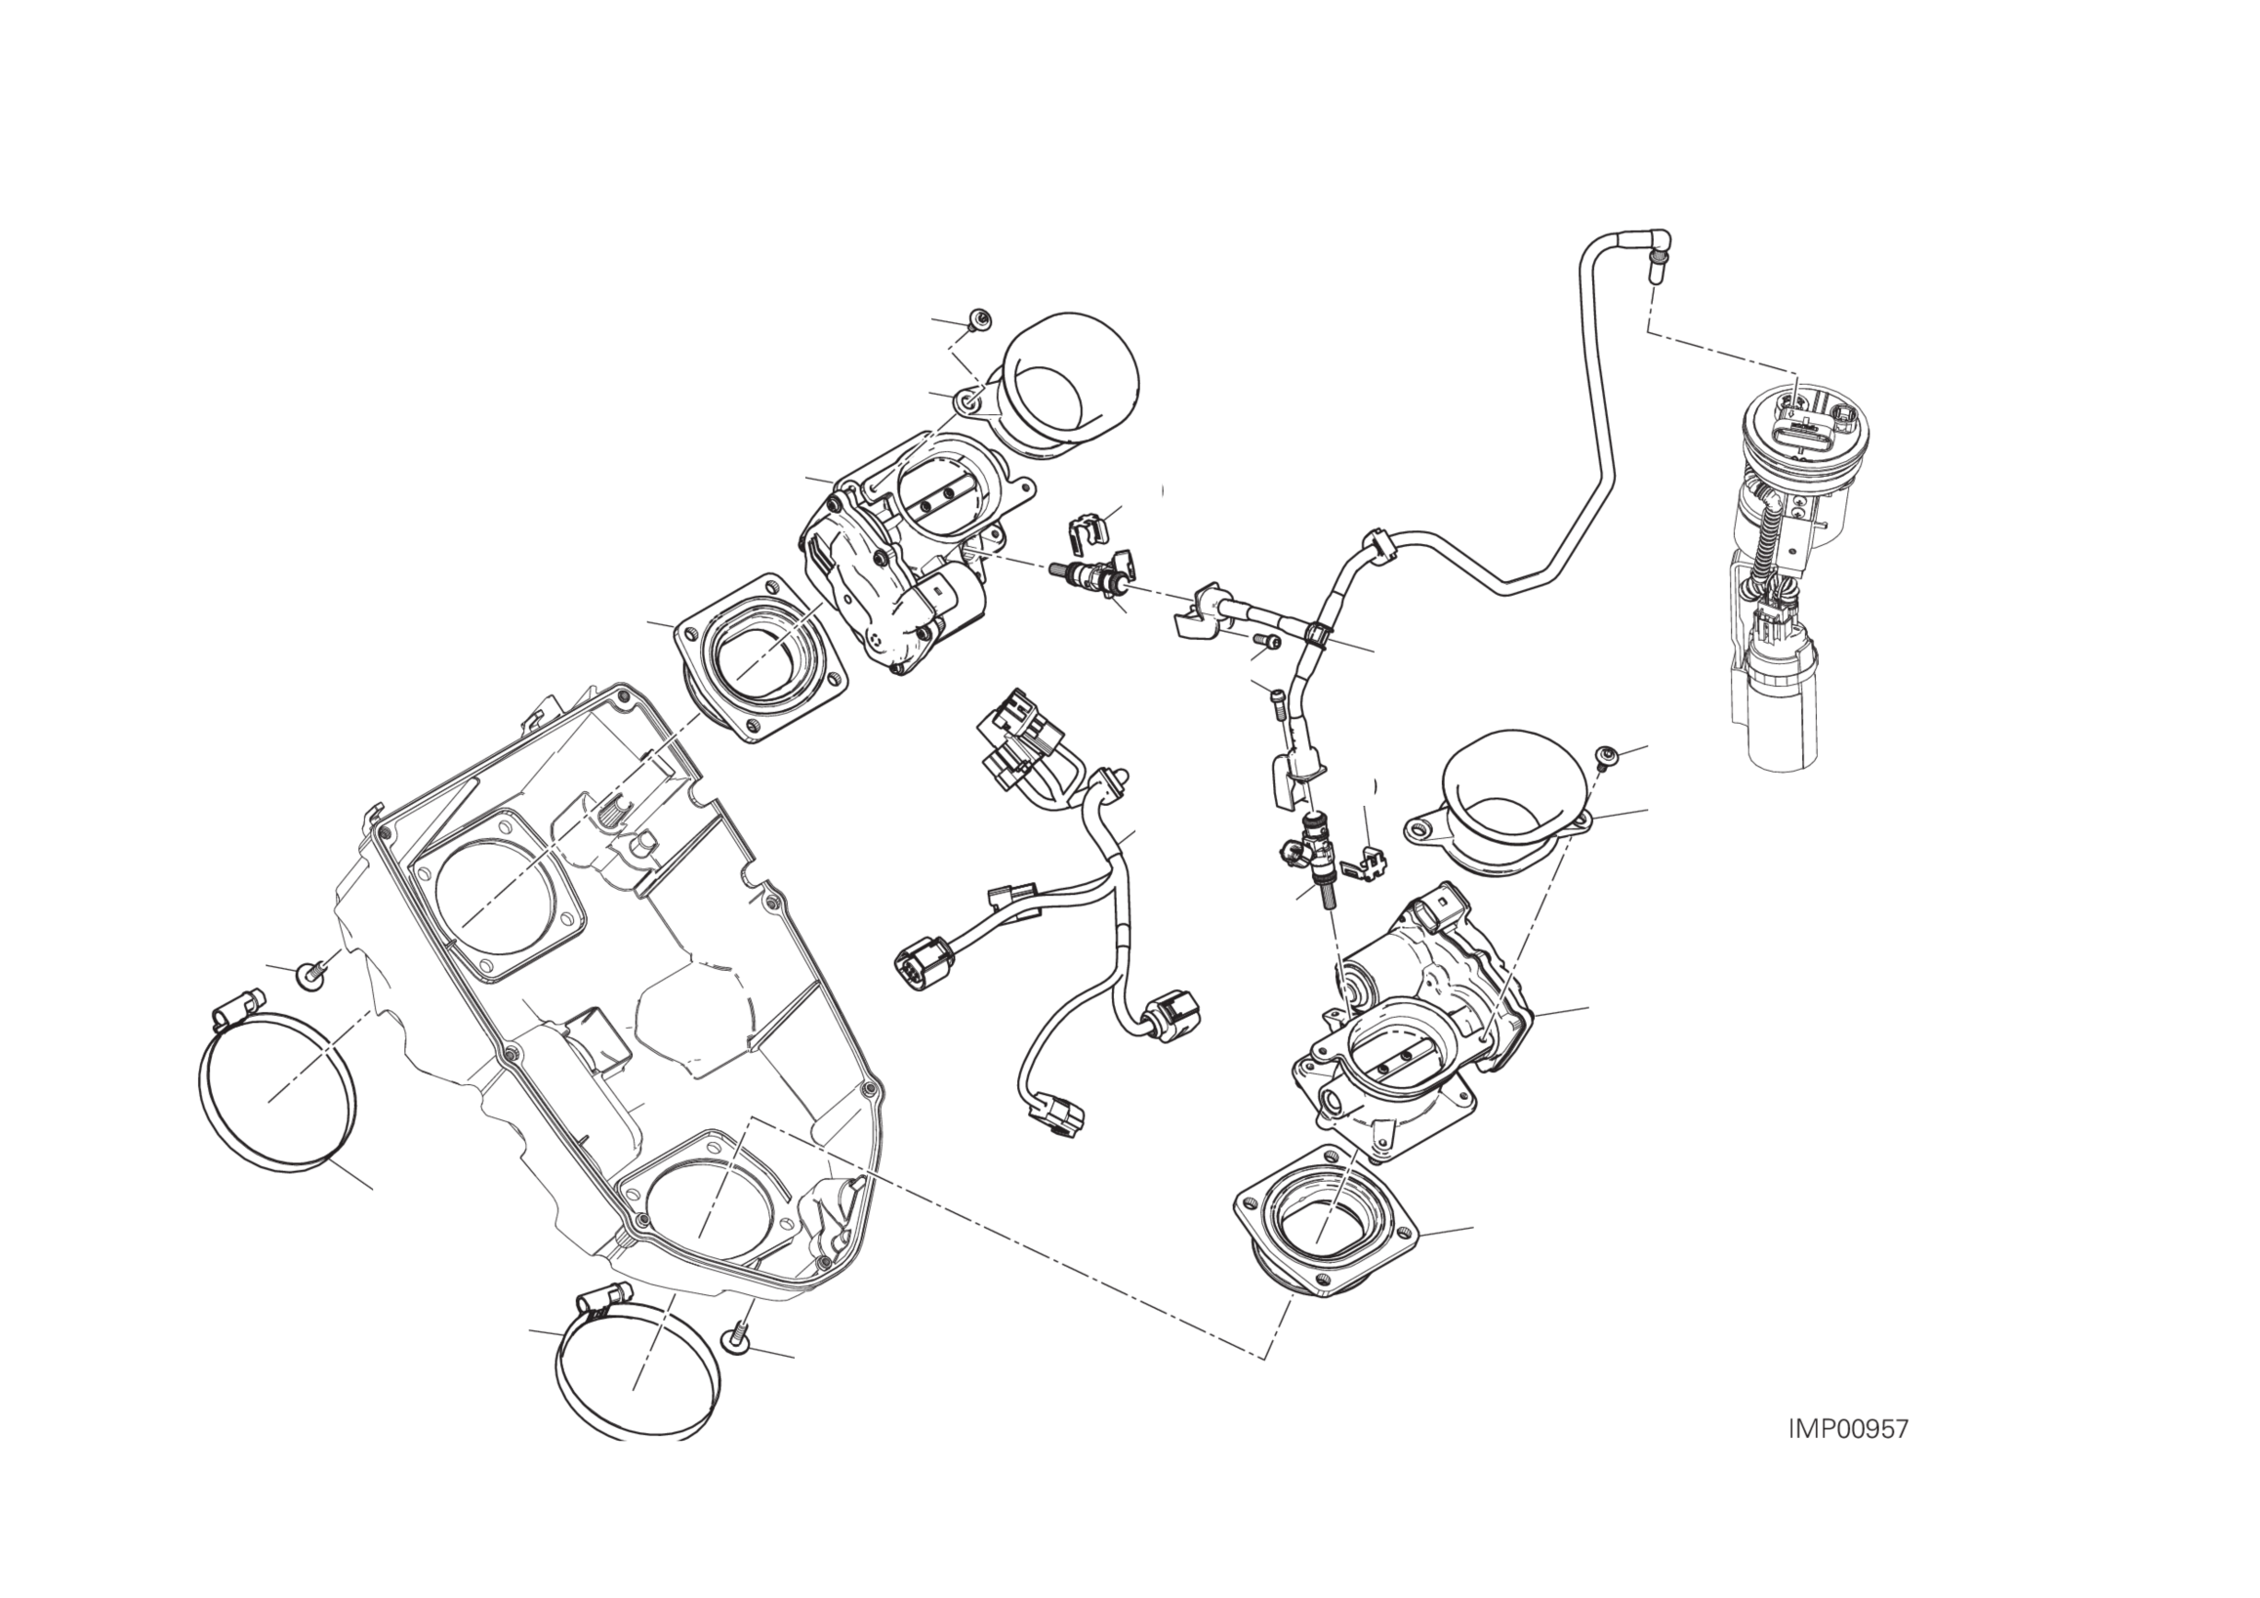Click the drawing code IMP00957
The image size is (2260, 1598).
(1848, 1429)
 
